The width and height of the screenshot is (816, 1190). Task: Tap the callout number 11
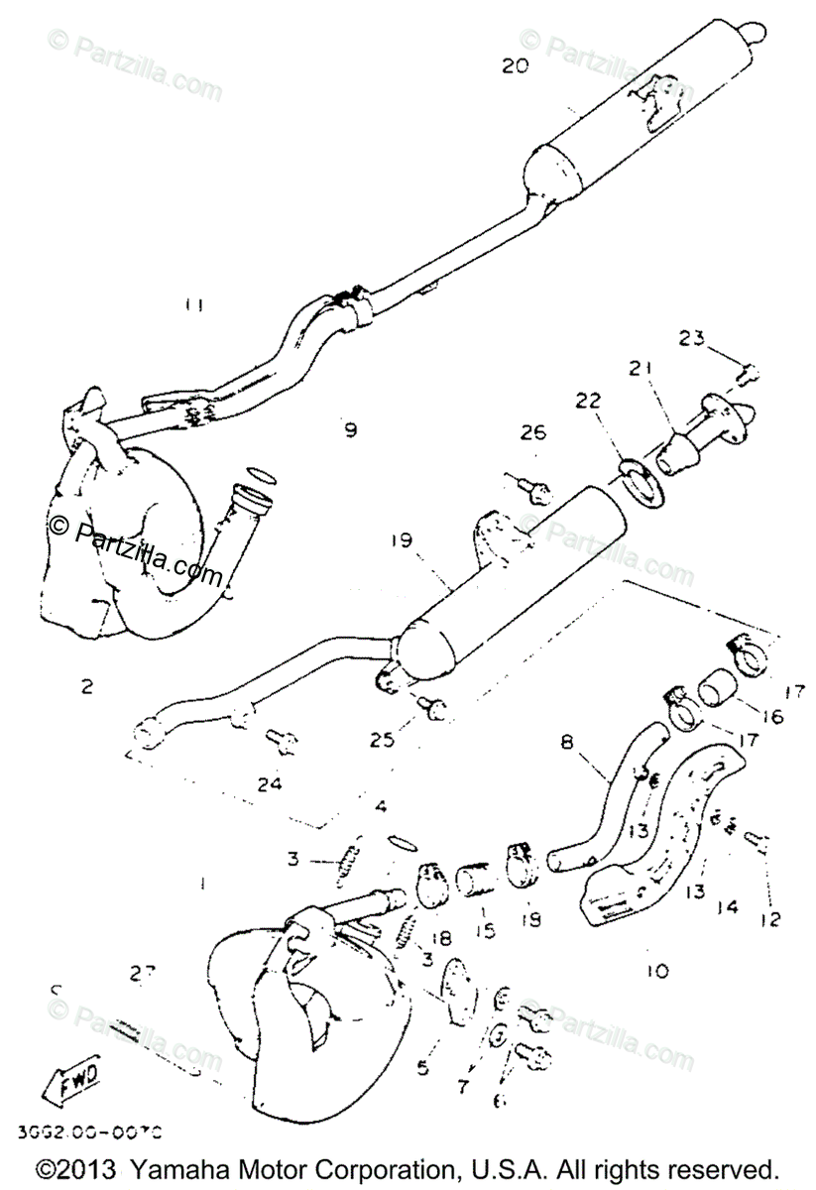[194, 305]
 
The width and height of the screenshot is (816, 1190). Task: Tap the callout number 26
[533, 432]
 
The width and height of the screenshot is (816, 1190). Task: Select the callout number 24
[270, 783]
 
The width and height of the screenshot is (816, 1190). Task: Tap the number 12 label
[769, 919]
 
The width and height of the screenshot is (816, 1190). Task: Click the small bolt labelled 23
[750, 374]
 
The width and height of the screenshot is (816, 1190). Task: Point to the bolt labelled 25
[433, 707]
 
